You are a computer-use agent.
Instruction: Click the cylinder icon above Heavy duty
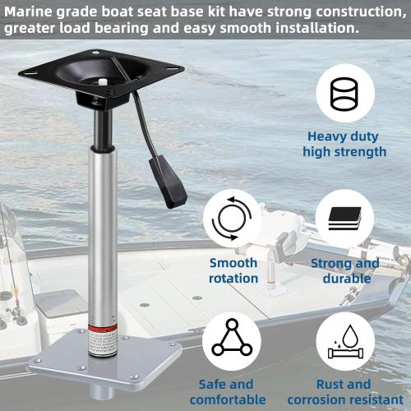(344, 93)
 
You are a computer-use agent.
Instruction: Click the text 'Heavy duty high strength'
(344, 144)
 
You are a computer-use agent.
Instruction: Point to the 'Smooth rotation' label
(233, 270)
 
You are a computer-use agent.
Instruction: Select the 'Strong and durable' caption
(344, 270)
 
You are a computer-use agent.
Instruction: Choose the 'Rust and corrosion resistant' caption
(344, 391)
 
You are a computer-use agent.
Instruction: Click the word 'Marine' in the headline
(30, 12)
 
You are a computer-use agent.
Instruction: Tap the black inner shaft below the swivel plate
(100, 132)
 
